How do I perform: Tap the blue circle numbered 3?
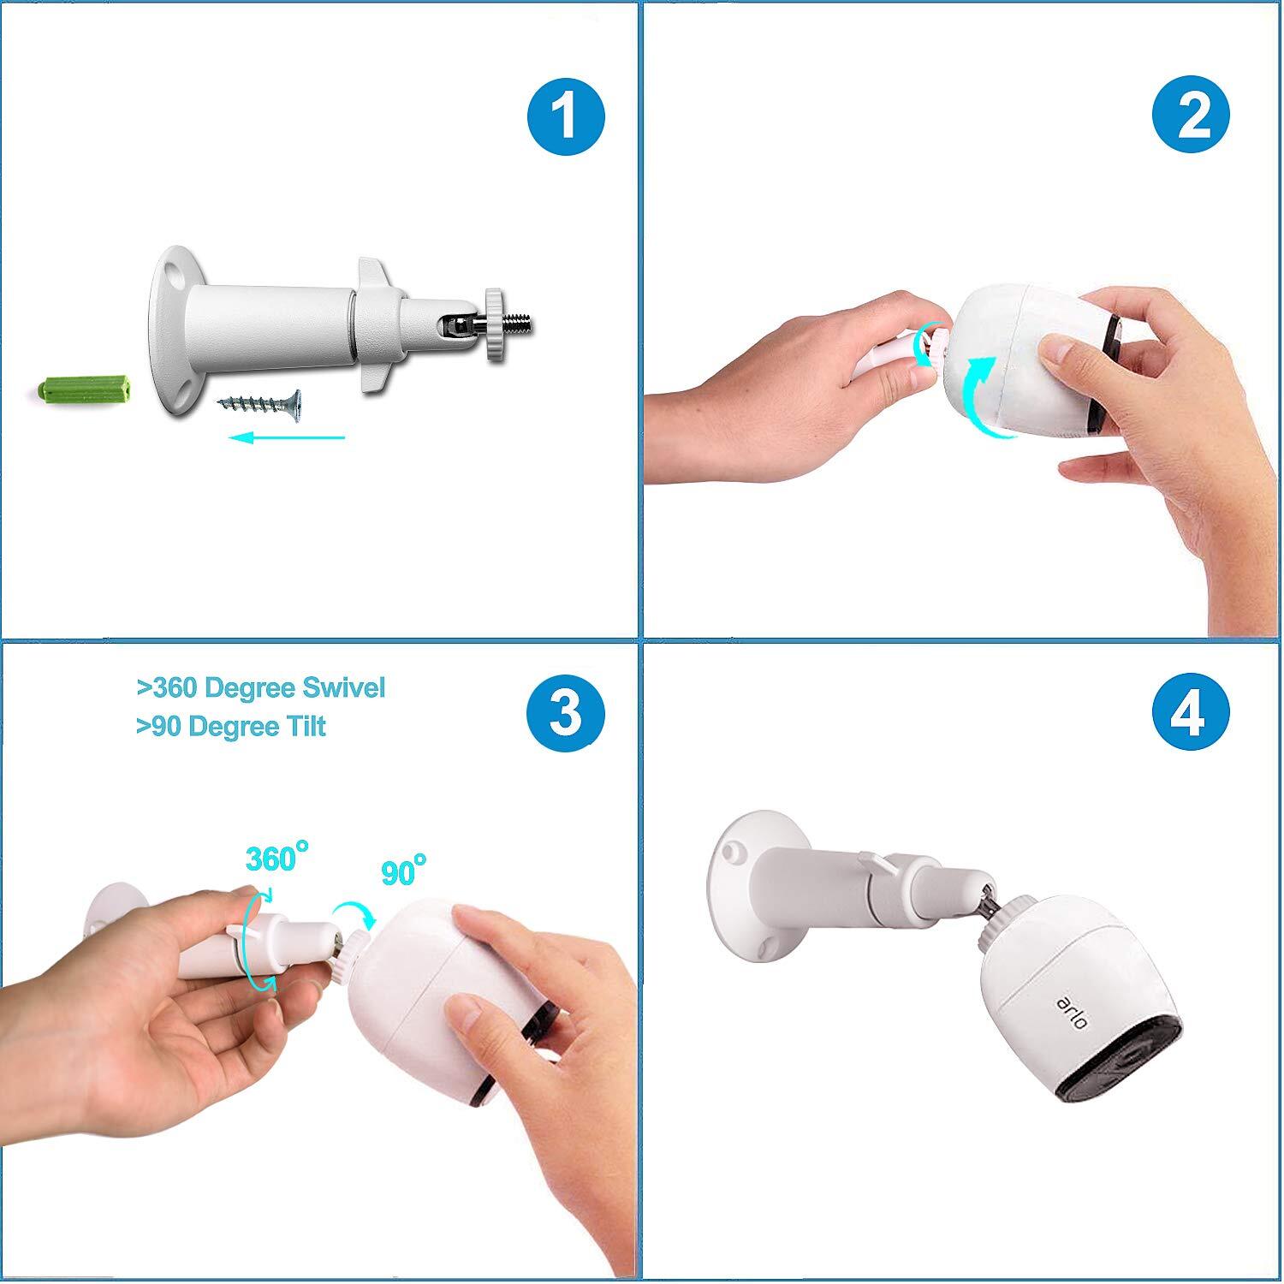click(x=565, y=712)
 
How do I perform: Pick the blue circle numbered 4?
click(x=1191, y=712)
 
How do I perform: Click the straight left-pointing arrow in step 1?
click(x=287, y=437)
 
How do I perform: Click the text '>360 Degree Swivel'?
click(x=261, y=687)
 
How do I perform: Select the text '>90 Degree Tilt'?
click(x=231, y=726)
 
